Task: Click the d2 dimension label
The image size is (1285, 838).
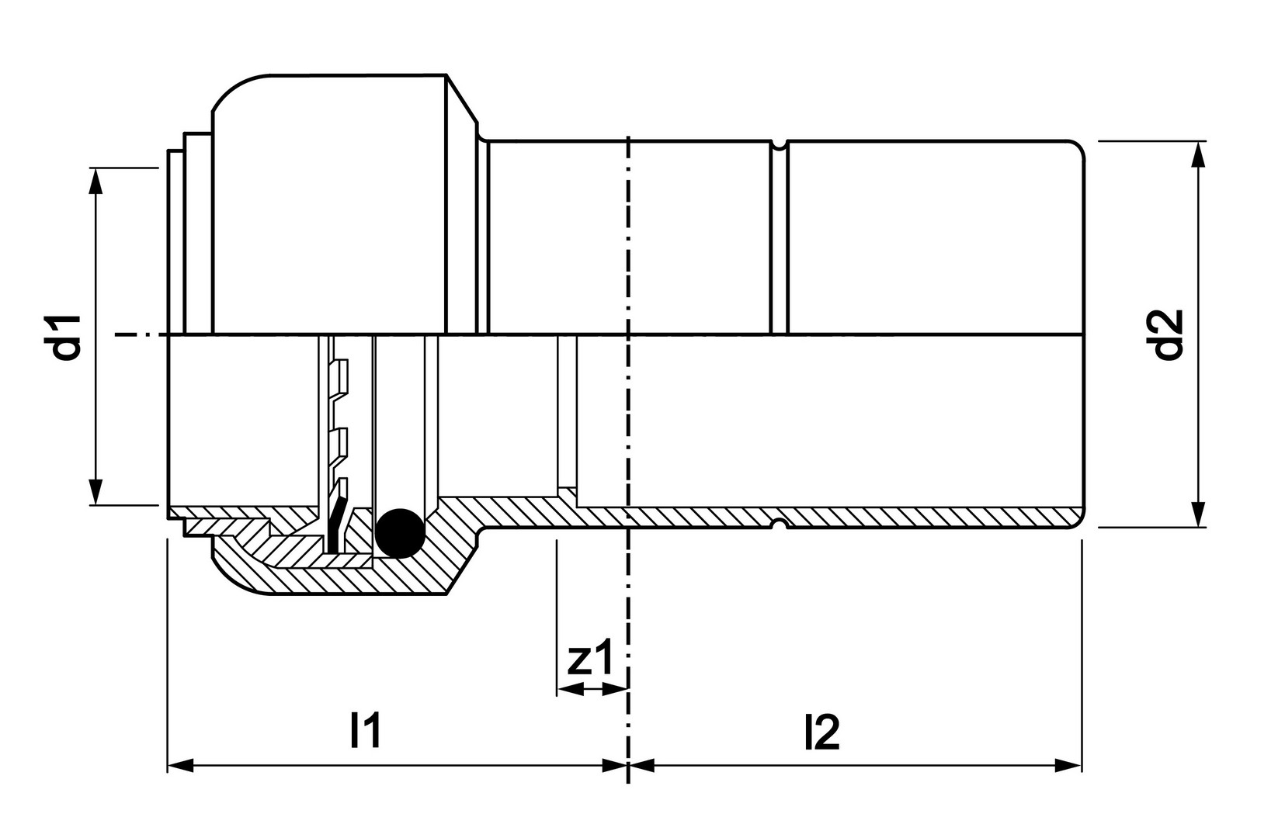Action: pos(1169,335)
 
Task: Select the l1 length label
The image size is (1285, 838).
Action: pos(365,732)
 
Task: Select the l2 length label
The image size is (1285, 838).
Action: pos(822,732)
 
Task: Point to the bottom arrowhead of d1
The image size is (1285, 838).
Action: pos(96,492)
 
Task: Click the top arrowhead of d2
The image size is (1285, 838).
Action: pos(1198,154)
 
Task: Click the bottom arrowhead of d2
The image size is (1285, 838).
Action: pos(1198,514)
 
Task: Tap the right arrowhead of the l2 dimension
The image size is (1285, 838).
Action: pos(1068,765)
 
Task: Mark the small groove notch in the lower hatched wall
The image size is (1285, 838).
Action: pos(779,523)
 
